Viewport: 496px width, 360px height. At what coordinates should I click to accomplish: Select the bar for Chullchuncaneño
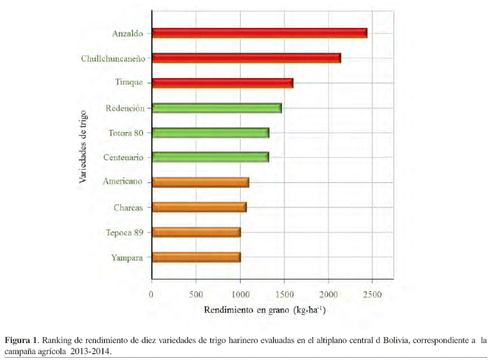[x=246, y=58]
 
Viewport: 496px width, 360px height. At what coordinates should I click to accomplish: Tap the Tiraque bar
[x=221, y=83]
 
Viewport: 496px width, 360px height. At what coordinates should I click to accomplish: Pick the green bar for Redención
[x=216, y=108]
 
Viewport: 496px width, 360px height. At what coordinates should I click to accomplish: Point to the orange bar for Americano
[x=199, y=181]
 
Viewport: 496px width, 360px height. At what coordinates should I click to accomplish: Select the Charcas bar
[x=198, y=207]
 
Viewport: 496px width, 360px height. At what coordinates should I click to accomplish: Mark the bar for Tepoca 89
[x=195, y=232]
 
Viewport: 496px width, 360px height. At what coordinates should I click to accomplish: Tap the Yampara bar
[x=195, y=257]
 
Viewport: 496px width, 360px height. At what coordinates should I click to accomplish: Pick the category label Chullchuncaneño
[x=112, y=58]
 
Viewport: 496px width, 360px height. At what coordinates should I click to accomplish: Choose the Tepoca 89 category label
[x=126, y=232]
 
